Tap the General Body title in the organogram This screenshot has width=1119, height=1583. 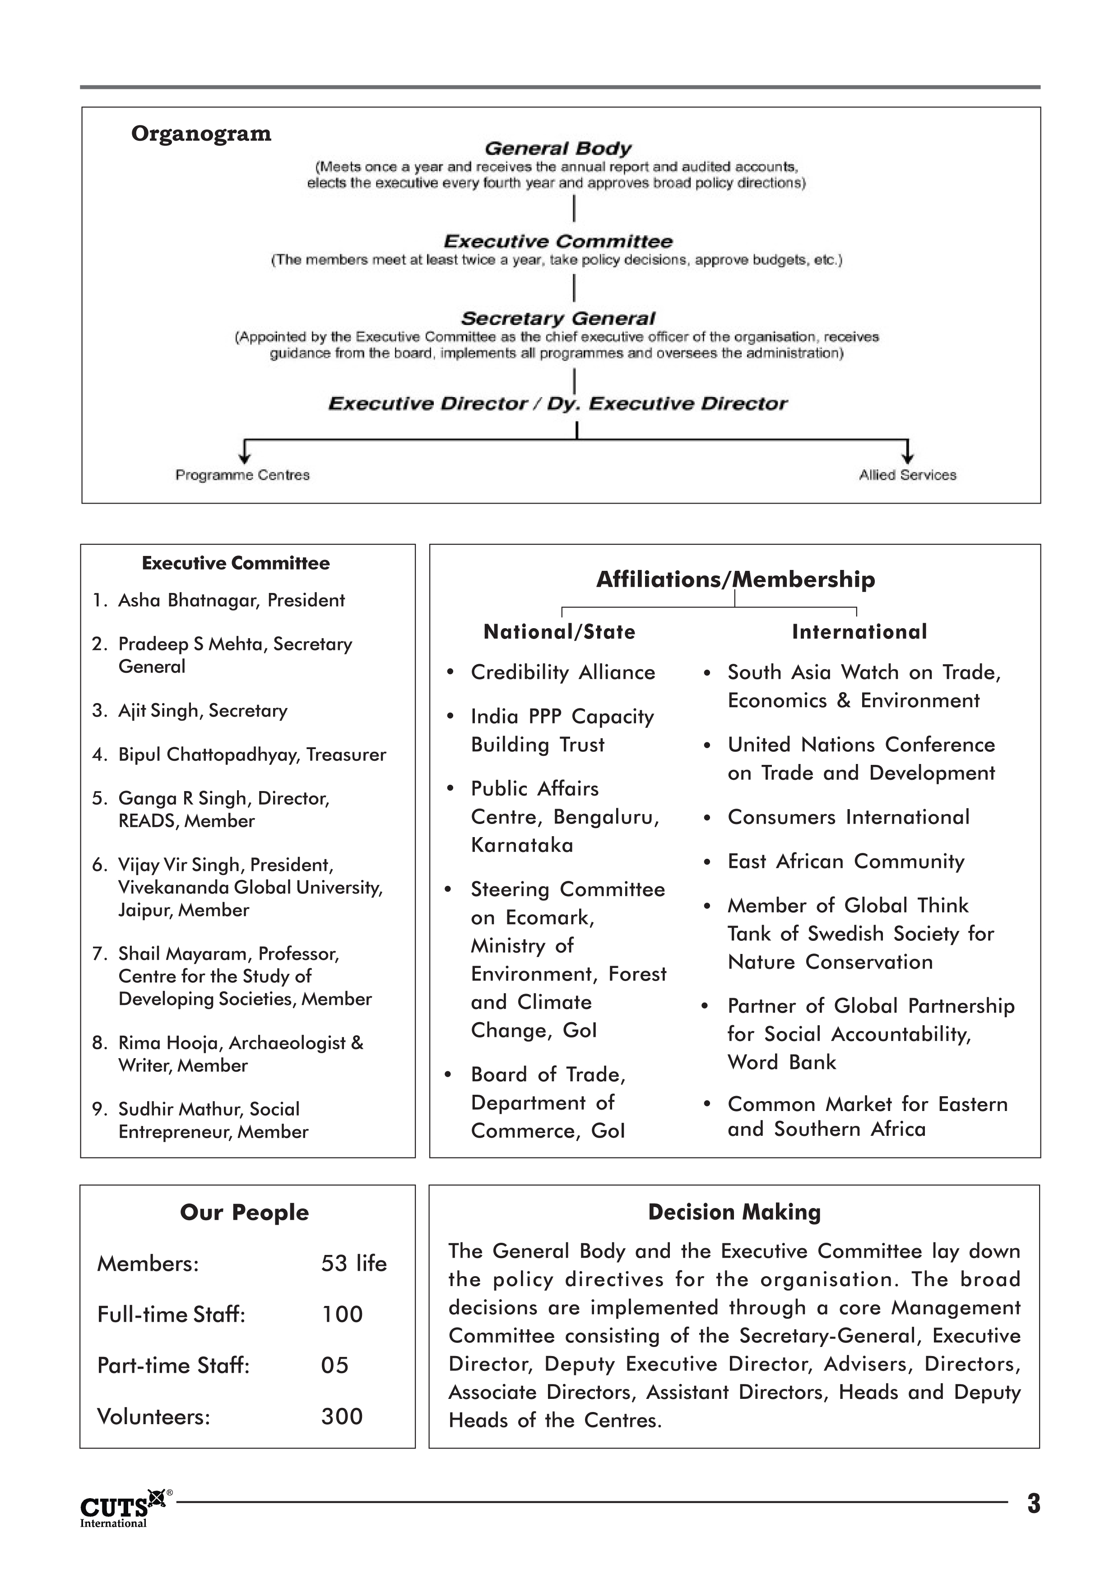click(x=558, y=148)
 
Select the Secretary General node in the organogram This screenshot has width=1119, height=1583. click(x=558, y=319)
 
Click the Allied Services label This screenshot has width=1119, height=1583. click(x=907, y=475)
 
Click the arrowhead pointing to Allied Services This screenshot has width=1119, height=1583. click(x=908, y=458)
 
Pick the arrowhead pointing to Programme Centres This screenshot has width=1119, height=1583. click(x=243, y=458)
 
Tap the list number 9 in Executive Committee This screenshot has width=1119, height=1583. click(x=98, y=1109)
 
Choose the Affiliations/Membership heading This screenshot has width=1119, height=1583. click(x=735, y=579)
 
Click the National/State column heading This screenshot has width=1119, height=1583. click(x=559, y=632)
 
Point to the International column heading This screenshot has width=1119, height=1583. click(x=859, y=632)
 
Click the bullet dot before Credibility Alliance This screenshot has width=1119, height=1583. click(x=450, y=673)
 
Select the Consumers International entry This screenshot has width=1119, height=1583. click(x=848, y=818)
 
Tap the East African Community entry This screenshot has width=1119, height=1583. click(x=846, y=862)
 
